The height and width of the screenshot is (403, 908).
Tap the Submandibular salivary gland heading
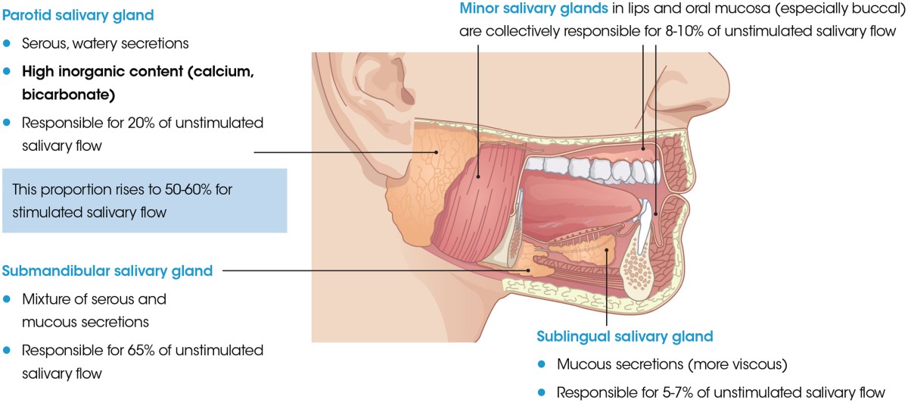[108, 270]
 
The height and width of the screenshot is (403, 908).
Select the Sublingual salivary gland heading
[625, 336]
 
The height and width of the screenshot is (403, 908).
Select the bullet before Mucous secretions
[542, 364]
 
